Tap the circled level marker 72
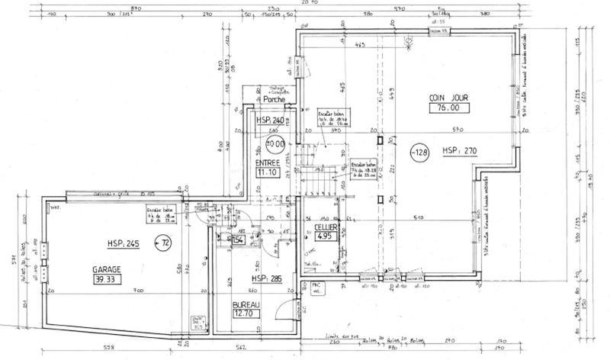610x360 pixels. (x=162, y=243)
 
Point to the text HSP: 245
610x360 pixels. (x=124, y=243)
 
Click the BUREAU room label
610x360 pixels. (x=247, y=304)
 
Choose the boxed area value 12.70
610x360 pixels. (x=247, y=314)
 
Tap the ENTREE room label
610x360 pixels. (x=268, y=163)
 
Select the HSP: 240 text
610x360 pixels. (x=273, y=121)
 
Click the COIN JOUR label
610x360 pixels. (x=448, y=98)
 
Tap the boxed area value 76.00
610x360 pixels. (x=448, y=108)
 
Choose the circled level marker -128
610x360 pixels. (x=420, y=152)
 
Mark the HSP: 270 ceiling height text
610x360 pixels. (x=459, y=152)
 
